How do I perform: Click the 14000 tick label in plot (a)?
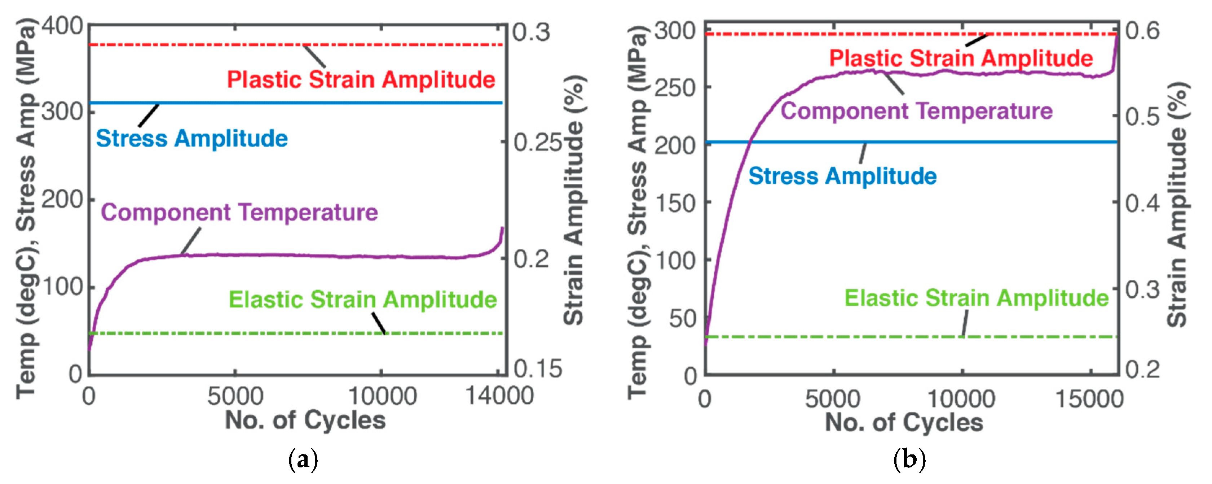tap(499, 396)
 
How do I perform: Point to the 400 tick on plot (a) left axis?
tap(63, 26)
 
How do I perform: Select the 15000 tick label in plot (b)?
tap(1089, 399)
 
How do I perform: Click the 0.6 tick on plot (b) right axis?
tap(1142, 31)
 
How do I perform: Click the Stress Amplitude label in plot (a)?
tap(192, 139)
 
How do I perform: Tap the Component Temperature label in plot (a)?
tap(239, 212)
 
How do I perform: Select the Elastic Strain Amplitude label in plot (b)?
tap(976, 298)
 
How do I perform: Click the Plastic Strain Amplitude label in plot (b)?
tap(961, 58)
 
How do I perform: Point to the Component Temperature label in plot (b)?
tap(917, 111)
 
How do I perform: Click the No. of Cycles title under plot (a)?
tap(305, 420)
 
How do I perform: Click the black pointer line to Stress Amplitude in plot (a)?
tap(149, 115)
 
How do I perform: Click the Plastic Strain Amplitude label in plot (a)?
tap(361, 79)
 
